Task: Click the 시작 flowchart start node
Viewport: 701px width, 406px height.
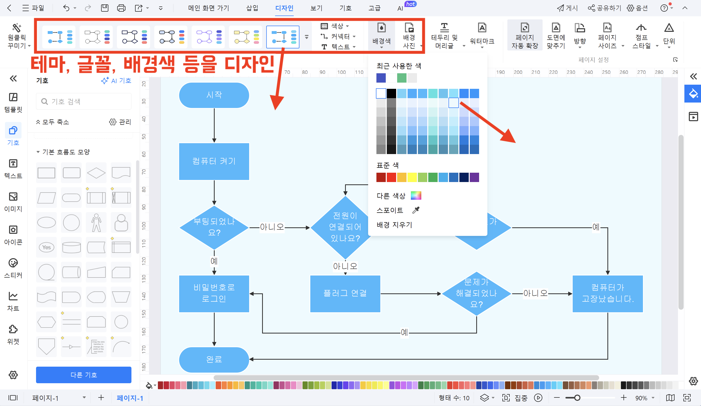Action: (x=214, y=95)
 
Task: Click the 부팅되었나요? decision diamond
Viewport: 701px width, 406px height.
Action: (x=214, y=227)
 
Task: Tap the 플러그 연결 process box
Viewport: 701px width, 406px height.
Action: (x=345, y=293)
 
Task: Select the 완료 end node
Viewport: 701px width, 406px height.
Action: (x=214, y=359)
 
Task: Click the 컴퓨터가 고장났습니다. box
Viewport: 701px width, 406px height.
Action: (x=607, y=293)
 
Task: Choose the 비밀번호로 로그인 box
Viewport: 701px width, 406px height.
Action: (x=214, y=293)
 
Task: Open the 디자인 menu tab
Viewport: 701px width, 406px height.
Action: (x=284, y=8)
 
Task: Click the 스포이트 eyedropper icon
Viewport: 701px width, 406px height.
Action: (x=416, y=210)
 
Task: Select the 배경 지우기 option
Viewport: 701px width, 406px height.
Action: (x=394, y=225)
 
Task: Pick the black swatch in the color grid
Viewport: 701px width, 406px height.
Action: (x=391, y=93)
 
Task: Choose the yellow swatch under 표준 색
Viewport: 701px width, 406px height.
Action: (x=412, y=177)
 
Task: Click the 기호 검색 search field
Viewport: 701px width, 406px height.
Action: (x=83, y=102)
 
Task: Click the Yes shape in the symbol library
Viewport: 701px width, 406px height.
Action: (x=46, y=247)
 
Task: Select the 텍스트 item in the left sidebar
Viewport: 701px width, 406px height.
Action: (x=13, y=169)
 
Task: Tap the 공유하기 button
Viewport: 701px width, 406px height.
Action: (x=605, y=8)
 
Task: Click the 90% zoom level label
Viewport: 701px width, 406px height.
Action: (x=641, y=398)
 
